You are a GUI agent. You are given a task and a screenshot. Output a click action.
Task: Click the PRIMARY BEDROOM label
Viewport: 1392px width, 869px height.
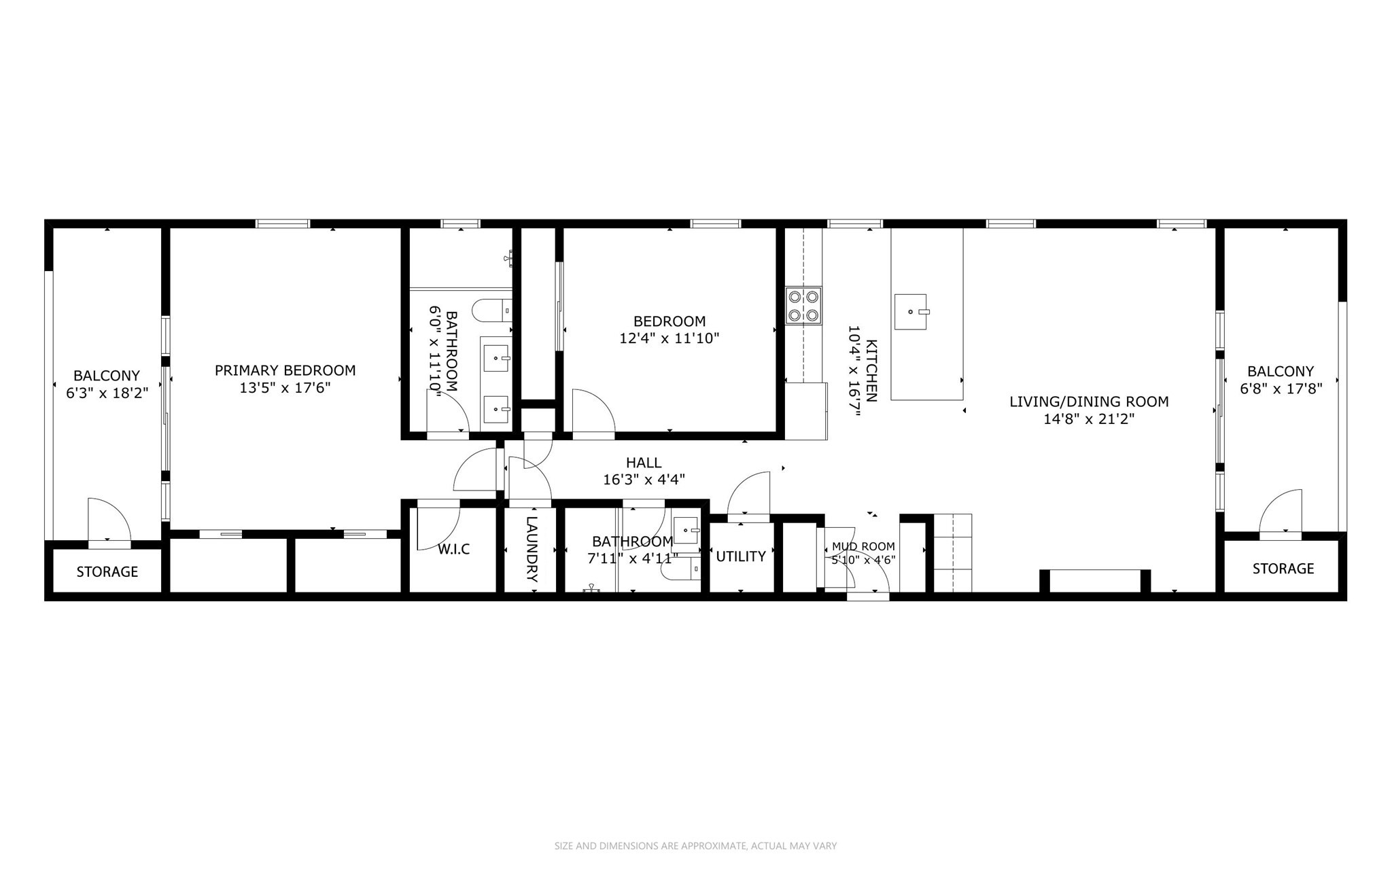click(285, 370)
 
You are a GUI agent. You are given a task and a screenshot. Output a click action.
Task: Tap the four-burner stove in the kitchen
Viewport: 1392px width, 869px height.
click(803, 306)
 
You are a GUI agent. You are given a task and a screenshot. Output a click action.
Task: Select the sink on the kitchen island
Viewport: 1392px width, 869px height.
click(910, 312)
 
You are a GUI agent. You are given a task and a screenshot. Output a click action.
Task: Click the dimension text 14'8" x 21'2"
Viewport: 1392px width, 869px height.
click(1089, 419)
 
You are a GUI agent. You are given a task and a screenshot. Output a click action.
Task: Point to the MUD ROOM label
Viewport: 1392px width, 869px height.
click(863, 546)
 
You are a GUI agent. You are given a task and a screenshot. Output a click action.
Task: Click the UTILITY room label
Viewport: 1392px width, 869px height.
click(741, 556)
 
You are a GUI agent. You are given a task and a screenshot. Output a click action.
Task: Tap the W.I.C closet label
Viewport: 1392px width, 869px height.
click(453, 550)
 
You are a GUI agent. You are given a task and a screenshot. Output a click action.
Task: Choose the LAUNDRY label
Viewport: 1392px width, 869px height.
click(532, 550)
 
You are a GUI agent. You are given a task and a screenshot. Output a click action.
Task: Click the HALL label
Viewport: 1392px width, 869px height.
click(643, 463)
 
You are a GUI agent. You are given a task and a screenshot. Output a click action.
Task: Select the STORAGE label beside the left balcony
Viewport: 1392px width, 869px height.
click(107, 572)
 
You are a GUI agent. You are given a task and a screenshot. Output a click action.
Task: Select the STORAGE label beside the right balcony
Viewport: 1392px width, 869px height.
click(1283, 569)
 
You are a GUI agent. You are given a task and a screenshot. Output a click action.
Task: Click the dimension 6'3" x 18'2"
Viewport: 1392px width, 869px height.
click(107, 393)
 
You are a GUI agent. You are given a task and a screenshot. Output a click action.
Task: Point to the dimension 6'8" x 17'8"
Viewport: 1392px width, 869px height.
click(1280, 389)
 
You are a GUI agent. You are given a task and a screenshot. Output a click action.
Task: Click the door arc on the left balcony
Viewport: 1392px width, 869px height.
click(109, 520)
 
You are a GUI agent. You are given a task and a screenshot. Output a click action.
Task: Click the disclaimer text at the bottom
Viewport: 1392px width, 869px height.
click(695, 846)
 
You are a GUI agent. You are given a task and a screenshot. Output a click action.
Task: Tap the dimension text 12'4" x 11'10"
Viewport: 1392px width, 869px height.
click(669, 338)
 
